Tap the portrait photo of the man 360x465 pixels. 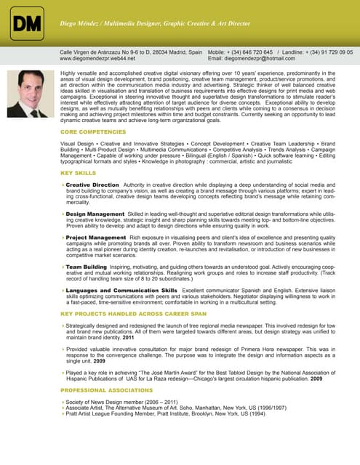[30, 94]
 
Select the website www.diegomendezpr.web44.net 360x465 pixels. [97, 59]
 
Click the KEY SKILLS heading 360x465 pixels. [78, 174]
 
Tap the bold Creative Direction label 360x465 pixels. [92, 185]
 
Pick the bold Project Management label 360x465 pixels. [95, 238]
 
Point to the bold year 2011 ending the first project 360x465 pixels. [128, 338]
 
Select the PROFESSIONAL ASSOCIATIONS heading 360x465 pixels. [106, 390]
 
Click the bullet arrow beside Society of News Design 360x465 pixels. [63, 402]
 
